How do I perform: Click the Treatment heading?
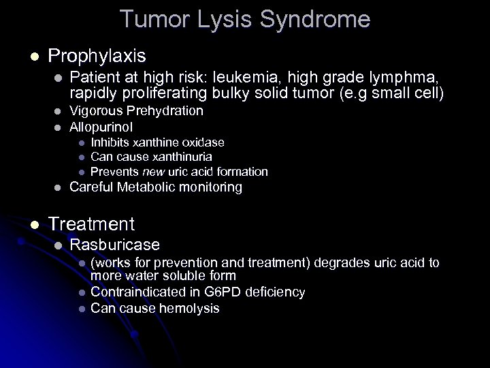(x=91, y=223)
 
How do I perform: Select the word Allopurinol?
(x=101, y=127)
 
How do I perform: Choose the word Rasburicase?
(x=115, y=245)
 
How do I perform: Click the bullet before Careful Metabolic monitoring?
(x=59, y=187)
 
